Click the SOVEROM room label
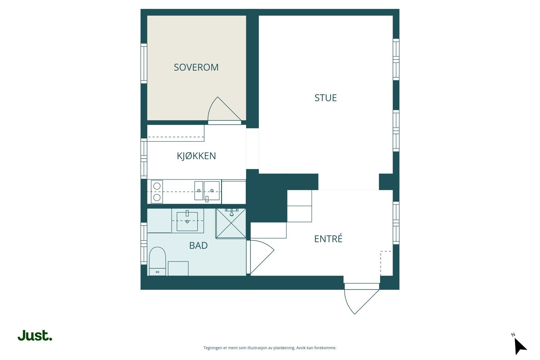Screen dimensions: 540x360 [196, 67]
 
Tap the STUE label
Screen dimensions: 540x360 [325, 98]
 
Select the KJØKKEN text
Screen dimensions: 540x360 [196, 156]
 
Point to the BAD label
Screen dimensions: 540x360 [198, 246]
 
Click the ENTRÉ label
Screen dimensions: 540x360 [328, 239]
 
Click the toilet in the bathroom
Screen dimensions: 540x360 [157, 261]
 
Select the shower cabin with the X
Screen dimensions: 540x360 [231, 223]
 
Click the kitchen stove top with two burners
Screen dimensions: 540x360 [157, 192]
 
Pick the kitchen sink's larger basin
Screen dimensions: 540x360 [212, 191]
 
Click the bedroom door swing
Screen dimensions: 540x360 [224, 109]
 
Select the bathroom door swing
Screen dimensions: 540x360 [262, 257]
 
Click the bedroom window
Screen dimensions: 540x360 [144, 63]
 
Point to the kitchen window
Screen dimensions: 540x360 [144, 159]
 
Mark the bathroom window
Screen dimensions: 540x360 [144, 243]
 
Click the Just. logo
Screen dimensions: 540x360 [35, 335]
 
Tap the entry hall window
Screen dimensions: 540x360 [396, 223]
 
